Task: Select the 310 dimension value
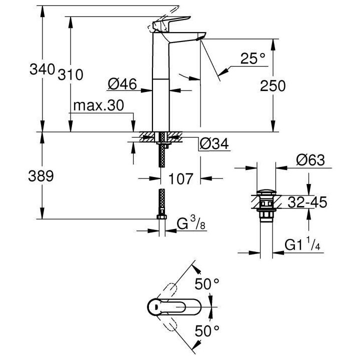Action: [69, 74]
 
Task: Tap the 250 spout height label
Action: [272, 85]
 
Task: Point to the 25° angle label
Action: [252, 59]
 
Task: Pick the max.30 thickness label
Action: [98, 106]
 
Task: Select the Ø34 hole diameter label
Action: [214, 144]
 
